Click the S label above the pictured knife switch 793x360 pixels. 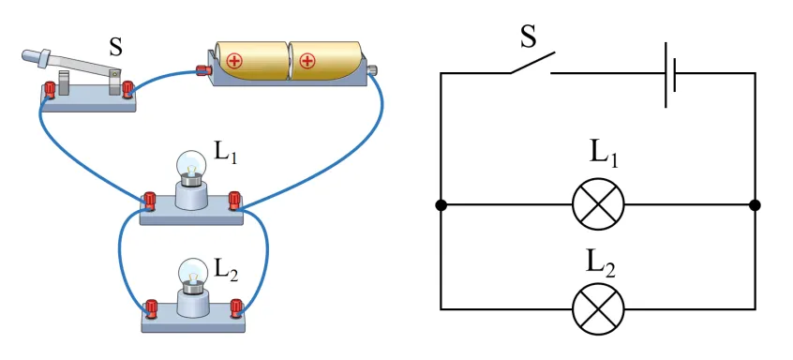tap(116, 47)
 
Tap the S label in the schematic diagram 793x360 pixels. tap(529, 37)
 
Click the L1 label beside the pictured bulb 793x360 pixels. tap(226, 151)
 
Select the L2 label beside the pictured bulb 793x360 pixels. tap(226, 268)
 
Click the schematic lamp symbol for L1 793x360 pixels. tap(598, 204)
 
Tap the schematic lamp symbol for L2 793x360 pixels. tap(598, 309)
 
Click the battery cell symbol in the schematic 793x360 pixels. tap(670, 74)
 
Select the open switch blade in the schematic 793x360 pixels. tap(532, 62)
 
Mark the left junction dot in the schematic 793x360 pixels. tap(441, 204)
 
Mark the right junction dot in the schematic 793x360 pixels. tap(756, 204)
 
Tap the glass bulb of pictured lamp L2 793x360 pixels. tap(193, 272)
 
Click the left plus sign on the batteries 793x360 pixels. tap(234, 61)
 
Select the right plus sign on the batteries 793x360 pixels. tap(307, 61)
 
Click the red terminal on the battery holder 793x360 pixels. tap(203, 70)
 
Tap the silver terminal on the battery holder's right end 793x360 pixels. tap(373, 69)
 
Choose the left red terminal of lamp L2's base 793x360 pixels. tap(151, 307)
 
